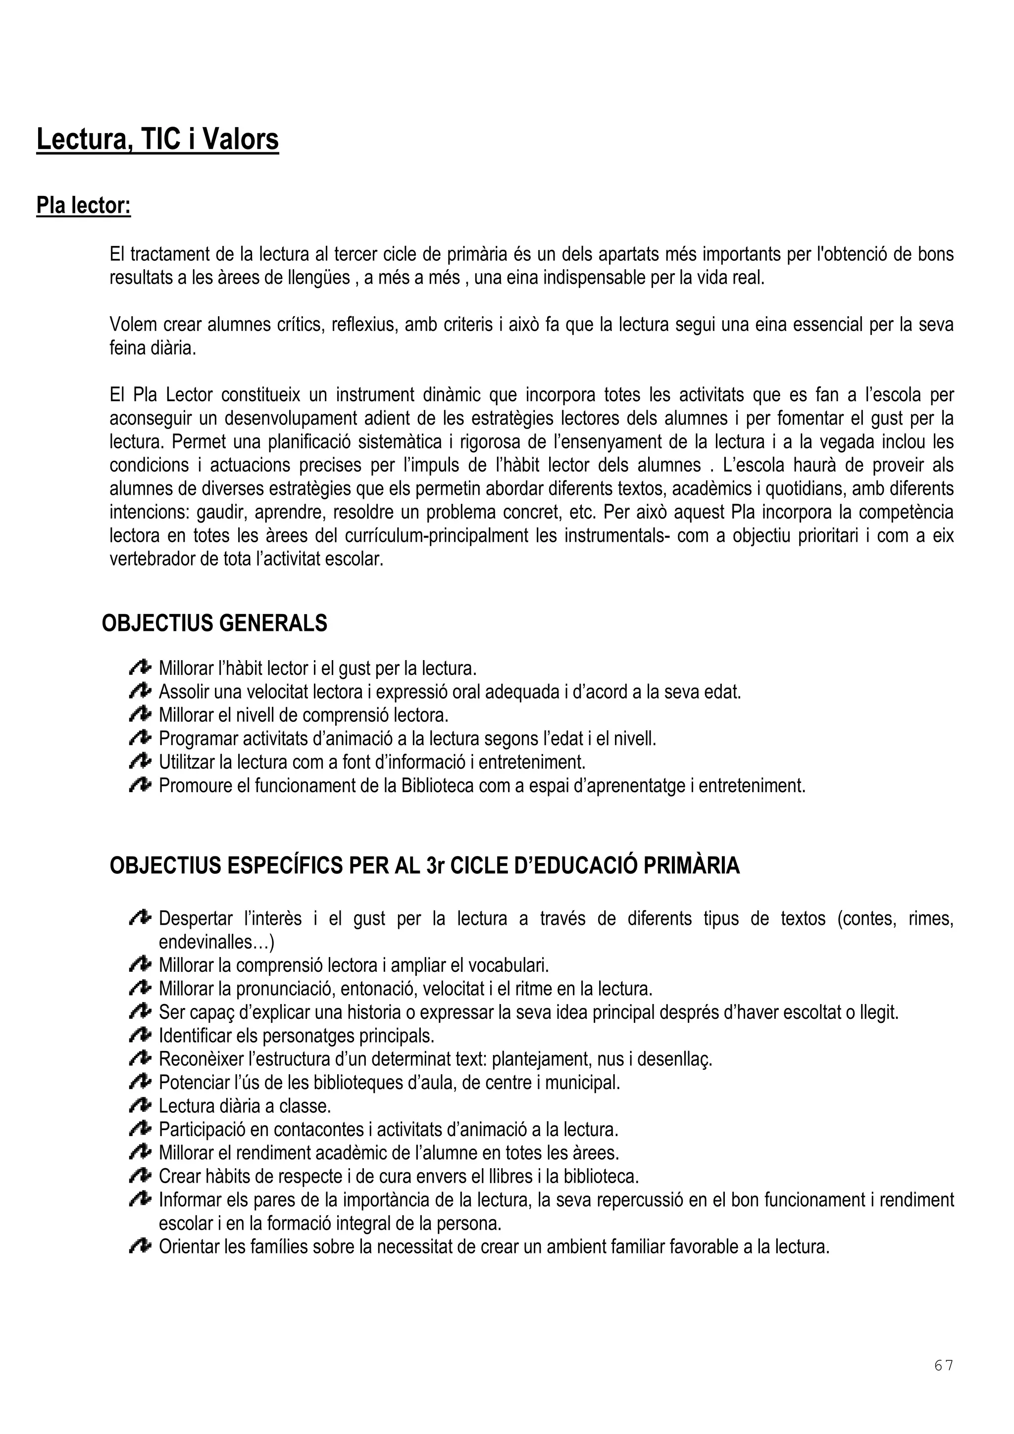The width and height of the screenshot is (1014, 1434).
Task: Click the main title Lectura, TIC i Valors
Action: (x=157, y=139)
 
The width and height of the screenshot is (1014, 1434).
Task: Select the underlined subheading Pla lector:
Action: (x=84, y=205)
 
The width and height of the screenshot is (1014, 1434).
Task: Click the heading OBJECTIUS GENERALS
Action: (x=214, y=623)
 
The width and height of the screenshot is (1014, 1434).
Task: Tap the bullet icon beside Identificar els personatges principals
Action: (x=141, y=1036)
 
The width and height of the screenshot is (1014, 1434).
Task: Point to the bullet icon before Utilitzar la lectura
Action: (x=141, y=762)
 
